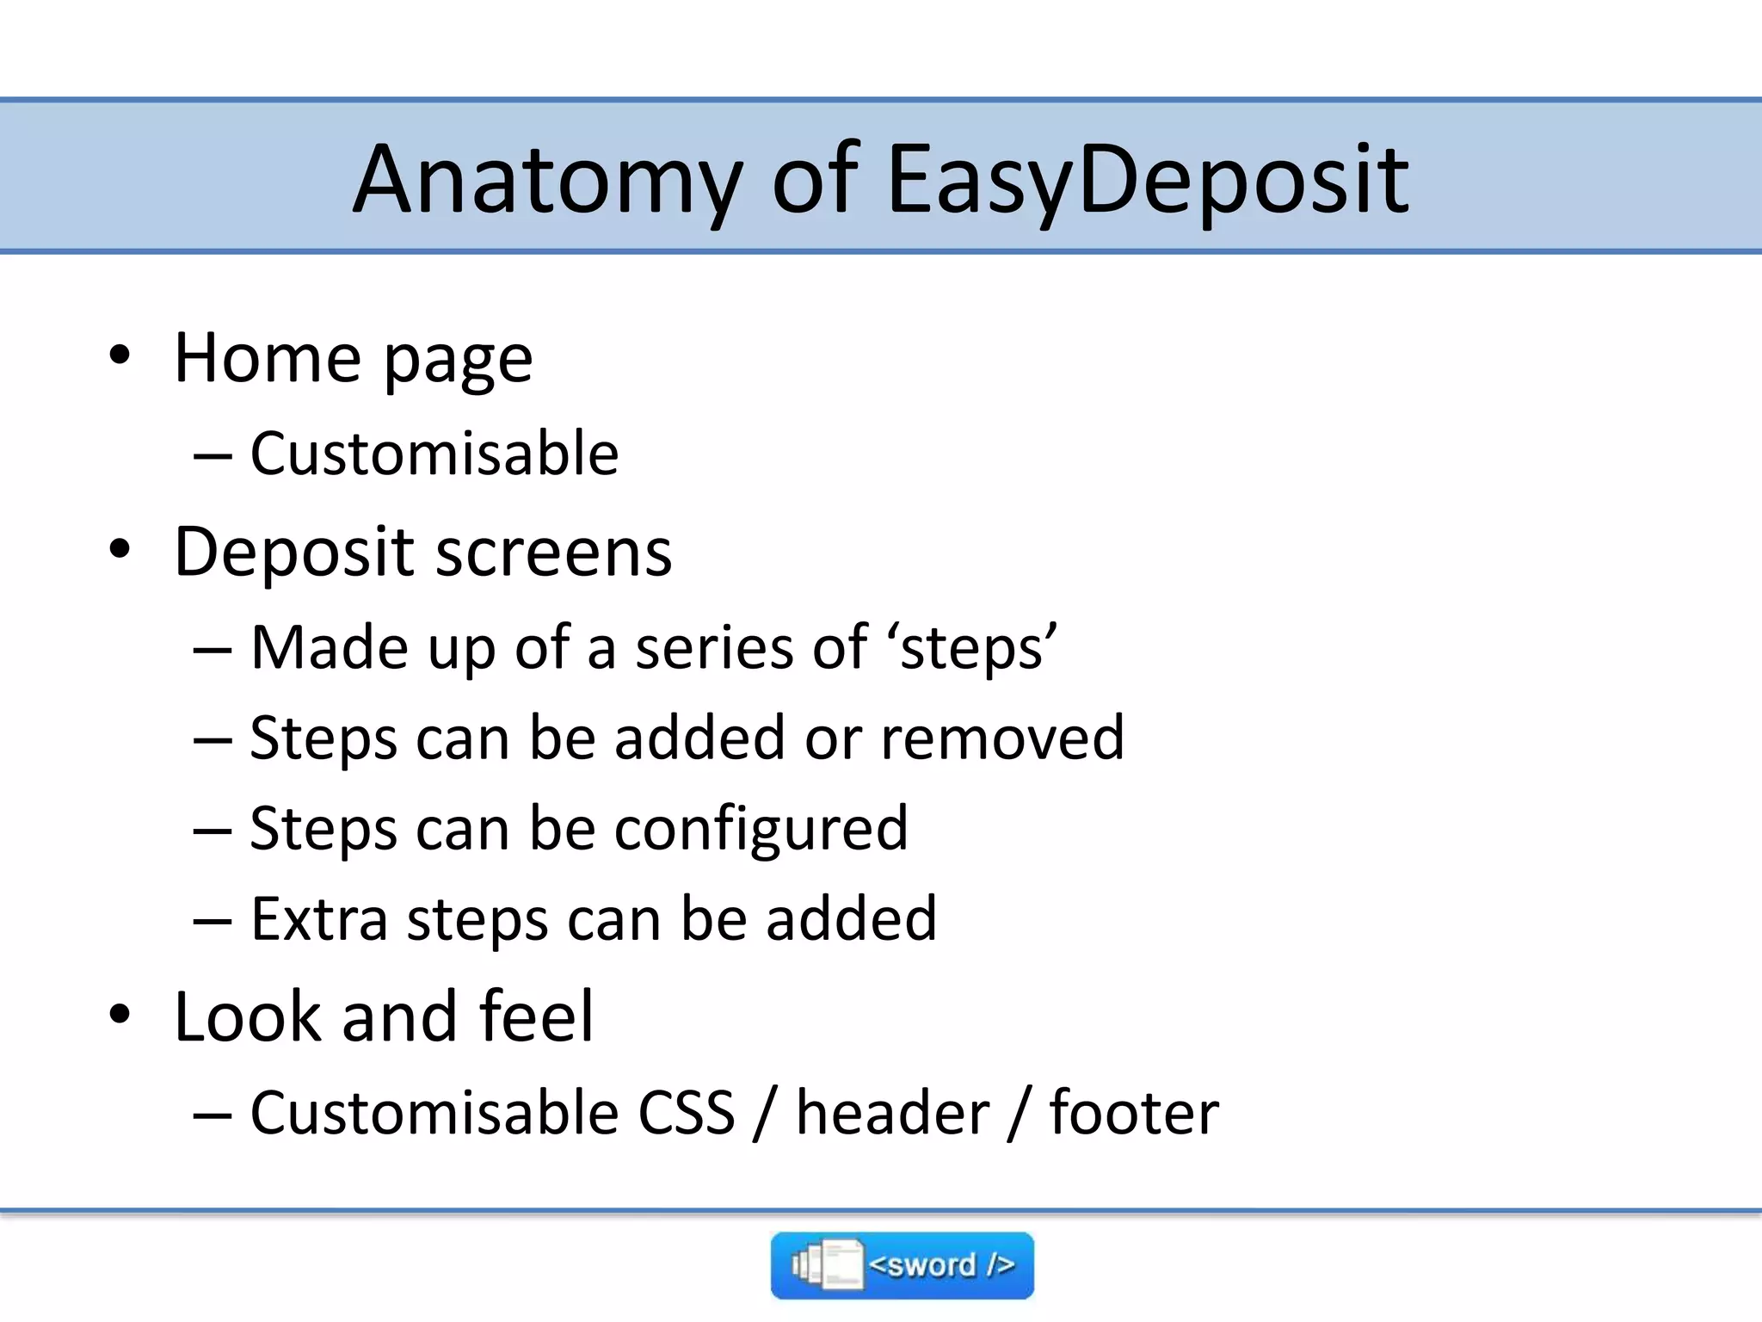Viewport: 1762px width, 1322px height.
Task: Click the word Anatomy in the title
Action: pos(548,181)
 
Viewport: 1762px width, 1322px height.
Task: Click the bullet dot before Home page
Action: pos(120,355)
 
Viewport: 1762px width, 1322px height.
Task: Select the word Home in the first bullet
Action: pos(268,358)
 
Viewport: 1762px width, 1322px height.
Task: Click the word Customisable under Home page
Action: pos(434,454)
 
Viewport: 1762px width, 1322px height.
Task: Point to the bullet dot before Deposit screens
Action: pos(120,549)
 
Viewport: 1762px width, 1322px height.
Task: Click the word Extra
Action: pos(319,919)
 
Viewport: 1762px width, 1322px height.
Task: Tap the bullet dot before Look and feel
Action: pos(120,1014)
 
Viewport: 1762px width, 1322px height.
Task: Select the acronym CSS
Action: pos(686,1113)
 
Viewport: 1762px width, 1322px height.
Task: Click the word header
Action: pos(892,1113)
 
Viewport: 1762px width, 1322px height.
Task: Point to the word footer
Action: pos(1133,1113)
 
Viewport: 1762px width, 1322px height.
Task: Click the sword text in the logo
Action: pos(941,1265)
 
